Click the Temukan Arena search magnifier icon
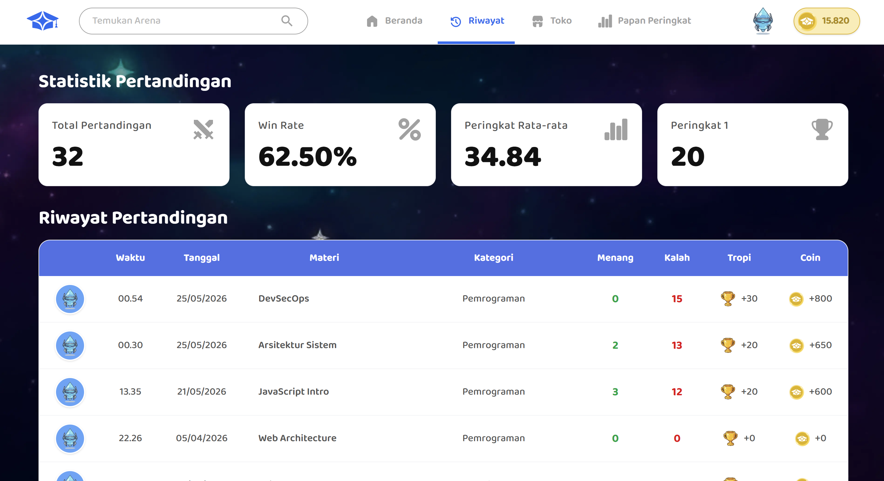coord(287,21)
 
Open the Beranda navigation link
coord(394,21)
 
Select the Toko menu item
coord(552,21)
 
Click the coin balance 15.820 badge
coord(826,21)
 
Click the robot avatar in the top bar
coord(762,21)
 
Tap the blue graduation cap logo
coord(43,21)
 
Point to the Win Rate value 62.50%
coord(308,156)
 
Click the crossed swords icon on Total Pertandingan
coord(203,129)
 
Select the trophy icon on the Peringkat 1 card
coord(822,129)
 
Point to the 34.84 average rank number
coord(503,156)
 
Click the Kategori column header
coord(493,258)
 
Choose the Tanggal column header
coord(202,258)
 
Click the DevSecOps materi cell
coord(283,299)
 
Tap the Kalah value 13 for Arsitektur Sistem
coord(677,345)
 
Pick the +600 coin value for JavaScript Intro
coord(820,392)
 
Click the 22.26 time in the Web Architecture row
coord(130,438)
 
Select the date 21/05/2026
coord(202,392)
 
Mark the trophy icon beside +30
coord(727,299)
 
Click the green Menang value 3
coord(615,392)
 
